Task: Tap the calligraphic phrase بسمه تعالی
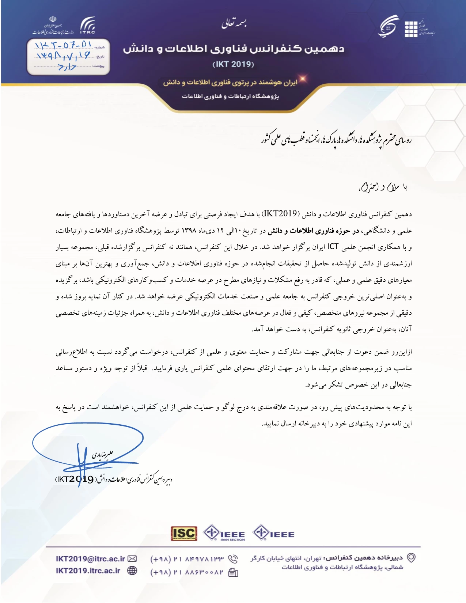[234, 23]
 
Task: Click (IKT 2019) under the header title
[233, 64]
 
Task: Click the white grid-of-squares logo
[411, 29]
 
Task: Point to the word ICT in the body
[333, 247]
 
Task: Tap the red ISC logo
[184, 534]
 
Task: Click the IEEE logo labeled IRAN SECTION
[224, 533]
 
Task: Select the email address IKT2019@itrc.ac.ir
[90, 559]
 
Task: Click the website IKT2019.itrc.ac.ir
[88, 571]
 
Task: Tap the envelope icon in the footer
[132, 559]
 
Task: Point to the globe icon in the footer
[132, 571]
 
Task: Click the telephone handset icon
[233, 559]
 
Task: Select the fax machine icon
[233, 573]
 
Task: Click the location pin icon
[412, 558]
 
